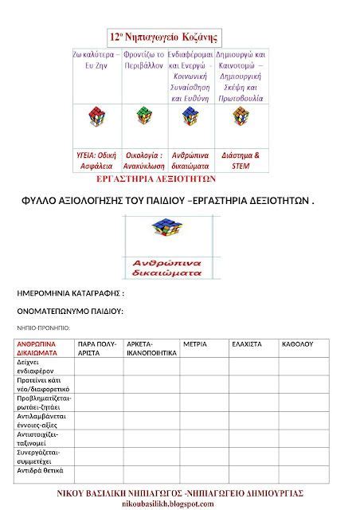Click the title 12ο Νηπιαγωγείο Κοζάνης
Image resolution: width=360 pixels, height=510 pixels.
tap(165, 37)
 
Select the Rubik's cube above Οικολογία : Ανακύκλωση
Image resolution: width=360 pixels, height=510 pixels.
tap(144, 118)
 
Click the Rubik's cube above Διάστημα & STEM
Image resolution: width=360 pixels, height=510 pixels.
tap(240, 118)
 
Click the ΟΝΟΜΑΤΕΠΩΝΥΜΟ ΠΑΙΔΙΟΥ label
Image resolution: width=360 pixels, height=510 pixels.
tap(69, 312)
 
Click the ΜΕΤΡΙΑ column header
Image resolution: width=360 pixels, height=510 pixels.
tap(195, 344)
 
